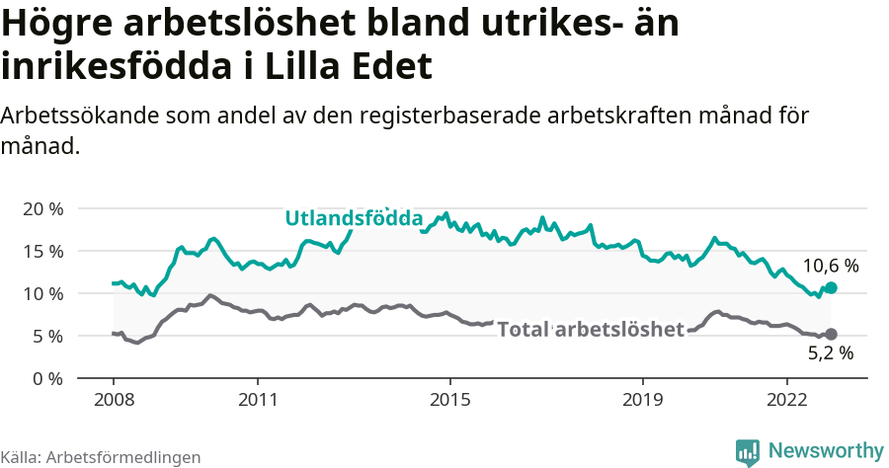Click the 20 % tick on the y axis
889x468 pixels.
pyautogui.click(x=41, y=209)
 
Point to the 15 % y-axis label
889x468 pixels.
pyautogui.click(x=41, y=252)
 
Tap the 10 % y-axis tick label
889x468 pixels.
pyautogui.click(x=41, y=294)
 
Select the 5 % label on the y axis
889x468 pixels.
pyautogui.click(x=47, y=337)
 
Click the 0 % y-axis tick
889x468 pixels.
pyautogui.click(x=47, y=379)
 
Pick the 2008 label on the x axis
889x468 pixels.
pyautogui.click(x=113, y=401)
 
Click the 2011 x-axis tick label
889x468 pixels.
pyautogui.click(x=258, y=401)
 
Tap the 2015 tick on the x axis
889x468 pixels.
pyautogui.click(x=450, y=401)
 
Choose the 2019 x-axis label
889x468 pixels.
pyautogui.click(x=643, y=401)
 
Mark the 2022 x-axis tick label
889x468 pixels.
pyautogui.click(x=787, y=401)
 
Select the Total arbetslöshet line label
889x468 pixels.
pyautogui.click(x=590, y=330)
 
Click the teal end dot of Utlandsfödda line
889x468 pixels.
pyautogui.click(x=831, y=287)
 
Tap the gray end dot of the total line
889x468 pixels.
pyautogui.click(x=831, y=334)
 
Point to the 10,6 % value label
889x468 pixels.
pyautogui.click(x=830, y=266)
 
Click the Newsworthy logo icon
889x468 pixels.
pyautogui.click(x=748, y=451)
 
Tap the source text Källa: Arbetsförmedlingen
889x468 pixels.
pyautogui.click(x=101, y=457)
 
